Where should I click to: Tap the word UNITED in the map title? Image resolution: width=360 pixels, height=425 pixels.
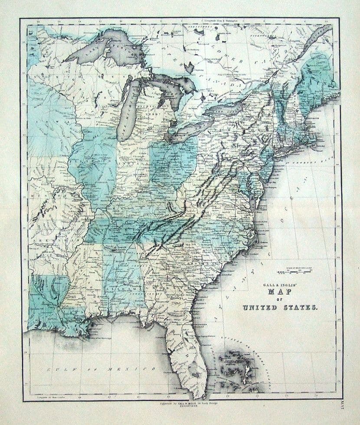[259, 308]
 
